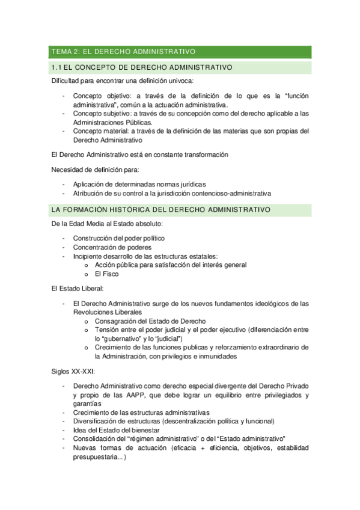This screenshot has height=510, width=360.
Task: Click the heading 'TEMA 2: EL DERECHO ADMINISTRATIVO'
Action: point(123,52)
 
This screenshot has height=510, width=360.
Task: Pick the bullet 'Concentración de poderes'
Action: point(112,247)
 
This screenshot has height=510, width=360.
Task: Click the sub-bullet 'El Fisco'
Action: point(106,274)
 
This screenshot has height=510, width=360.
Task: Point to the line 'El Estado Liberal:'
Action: point(78,289)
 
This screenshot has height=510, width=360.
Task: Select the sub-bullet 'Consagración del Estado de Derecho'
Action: point(150,321)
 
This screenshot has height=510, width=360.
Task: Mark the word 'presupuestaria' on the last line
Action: point(97,456)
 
